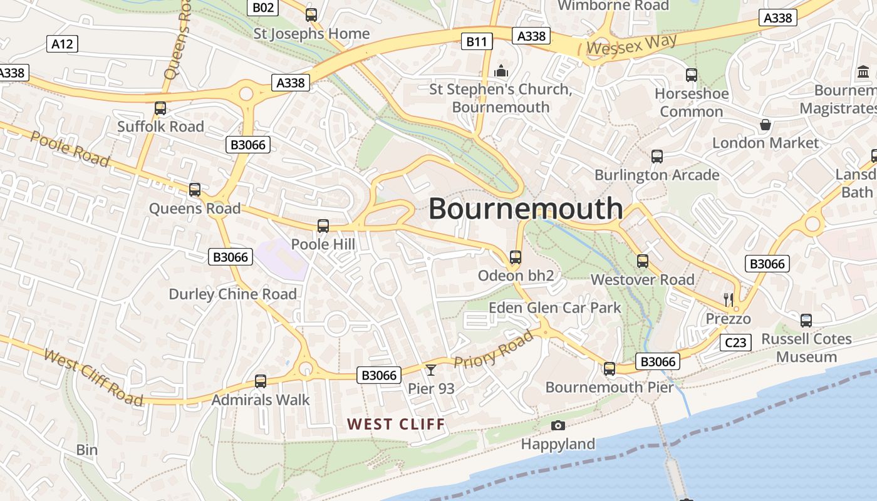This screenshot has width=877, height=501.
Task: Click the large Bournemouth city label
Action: [526, 209]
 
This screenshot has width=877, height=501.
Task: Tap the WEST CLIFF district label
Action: [396, 425]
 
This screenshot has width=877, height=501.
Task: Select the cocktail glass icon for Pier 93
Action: [431, 370]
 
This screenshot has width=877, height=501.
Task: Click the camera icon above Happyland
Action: [558, 426]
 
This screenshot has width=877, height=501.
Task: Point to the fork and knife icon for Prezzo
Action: [728, 299]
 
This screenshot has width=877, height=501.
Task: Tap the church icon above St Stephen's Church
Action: [501, 71]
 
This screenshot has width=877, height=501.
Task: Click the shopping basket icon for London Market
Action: [765, 125]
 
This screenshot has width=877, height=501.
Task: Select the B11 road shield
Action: [477, 42]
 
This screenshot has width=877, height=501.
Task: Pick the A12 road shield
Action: [62, 44]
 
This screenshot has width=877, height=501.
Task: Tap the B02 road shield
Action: [263, 8]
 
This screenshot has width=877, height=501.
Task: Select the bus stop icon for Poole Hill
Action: [323, 226]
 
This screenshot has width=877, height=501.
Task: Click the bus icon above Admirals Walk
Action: [260, 381]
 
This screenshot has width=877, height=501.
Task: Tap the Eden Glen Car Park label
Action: [554, 307]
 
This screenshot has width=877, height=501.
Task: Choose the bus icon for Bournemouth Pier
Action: [610, 369]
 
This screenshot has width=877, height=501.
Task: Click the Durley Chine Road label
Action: [232, 294]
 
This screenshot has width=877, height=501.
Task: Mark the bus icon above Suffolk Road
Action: [160, 108]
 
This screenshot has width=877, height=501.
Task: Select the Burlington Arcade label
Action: [656, 175]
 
